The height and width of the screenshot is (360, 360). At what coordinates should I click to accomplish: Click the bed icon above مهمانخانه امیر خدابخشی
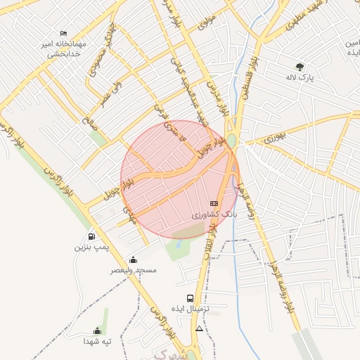click(64, 33)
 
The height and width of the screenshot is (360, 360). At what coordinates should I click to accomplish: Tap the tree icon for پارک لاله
click(300, 67)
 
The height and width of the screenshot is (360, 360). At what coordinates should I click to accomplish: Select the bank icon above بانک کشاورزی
click(214, 203)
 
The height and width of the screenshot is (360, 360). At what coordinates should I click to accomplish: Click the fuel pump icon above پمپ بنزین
click(91, 236)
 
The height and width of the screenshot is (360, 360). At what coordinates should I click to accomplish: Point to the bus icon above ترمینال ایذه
click(190, 298)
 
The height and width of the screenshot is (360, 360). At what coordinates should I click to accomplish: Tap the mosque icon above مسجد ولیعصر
click(134, 260)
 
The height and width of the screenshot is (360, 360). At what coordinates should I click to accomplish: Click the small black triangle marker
click(200, 328)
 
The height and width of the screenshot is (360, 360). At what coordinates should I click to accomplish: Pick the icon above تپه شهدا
click(97, 330)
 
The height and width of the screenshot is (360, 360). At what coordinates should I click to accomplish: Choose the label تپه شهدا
click(97, 341)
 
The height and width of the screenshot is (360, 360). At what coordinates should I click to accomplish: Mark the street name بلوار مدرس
click(219, 98)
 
